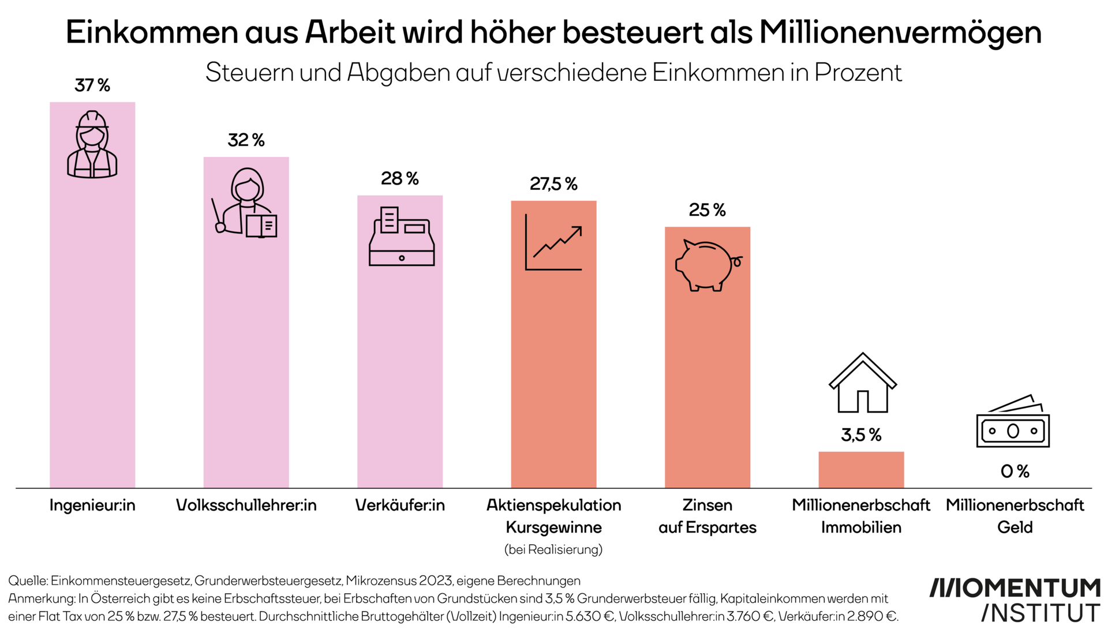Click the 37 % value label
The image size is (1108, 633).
click(x=92, y=85)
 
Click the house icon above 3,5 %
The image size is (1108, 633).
click(x=862, y=383)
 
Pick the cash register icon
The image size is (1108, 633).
click(x=401, y=237)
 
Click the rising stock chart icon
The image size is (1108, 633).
click(x=553, y=242)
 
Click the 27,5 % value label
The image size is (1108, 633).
click(x=553, y=184)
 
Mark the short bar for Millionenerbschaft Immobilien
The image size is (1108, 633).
click(x=861, y=470)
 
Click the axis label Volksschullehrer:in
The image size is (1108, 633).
click(x=246, y=505)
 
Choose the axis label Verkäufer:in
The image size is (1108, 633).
click(x=400, y=505)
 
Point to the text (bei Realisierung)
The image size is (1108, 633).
click(x=553, y=549)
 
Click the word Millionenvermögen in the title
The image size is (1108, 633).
click(x=900, y=32)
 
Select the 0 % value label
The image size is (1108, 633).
click(x=1015, y=471)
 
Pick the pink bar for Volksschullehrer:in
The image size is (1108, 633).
click(x=246, y=346)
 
